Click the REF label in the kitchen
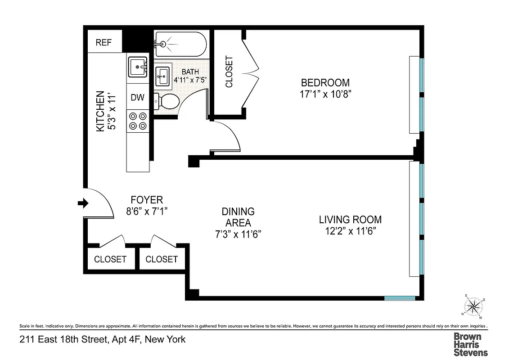104,43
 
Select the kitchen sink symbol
138,68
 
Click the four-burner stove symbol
138,121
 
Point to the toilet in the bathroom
166,101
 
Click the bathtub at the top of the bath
180,44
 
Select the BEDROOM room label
325,83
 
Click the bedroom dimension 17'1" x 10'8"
325,94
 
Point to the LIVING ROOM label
350,220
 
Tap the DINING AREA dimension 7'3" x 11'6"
238,234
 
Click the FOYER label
147,199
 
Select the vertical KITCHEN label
100,111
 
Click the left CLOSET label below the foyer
110,259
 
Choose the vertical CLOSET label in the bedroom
229,72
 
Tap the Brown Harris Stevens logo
470,344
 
